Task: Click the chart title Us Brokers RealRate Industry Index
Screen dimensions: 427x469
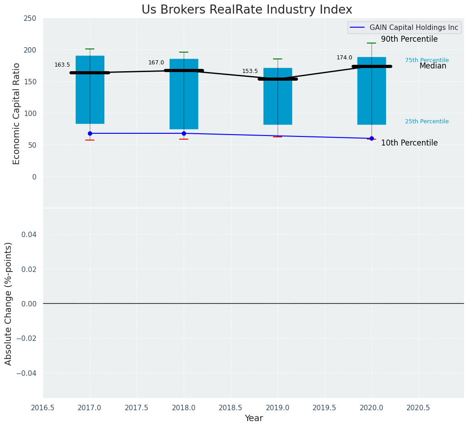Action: click(247, 10)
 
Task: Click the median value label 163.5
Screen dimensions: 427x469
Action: click(62, 65)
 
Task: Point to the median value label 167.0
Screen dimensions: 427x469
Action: click(156, 63)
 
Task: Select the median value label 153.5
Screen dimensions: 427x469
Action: click(250, 71)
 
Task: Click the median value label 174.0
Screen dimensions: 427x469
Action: click(344, 58)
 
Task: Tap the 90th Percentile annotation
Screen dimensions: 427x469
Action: click(409, 39)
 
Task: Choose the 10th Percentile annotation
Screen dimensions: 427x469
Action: click(409, 143)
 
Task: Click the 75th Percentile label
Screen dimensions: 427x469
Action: click(427, 60)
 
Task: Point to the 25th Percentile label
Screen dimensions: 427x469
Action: click(427, 121)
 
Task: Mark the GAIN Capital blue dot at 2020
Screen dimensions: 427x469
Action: click(371, 138)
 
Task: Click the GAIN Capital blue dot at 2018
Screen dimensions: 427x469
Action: click(184, 133)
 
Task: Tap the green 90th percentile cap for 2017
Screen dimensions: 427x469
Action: click(90, 49)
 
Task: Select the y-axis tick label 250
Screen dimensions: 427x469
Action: click(30, 19)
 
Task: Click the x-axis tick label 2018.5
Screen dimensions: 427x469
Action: click(231, 408)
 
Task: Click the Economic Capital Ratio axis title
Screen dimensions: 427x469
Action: click(17, 113)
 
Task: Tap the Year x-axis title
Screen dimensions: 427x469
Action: click(254, 418)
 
